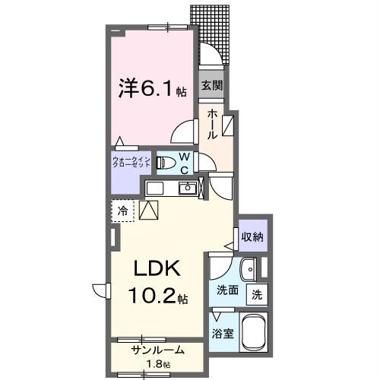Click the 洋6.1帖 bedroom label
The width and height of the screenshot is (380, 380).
click(x=152, y=90)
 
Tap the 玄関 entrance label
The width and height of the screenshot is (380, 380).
click(x=211, y=87)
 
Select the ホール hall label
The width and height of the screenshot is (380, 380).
click(x=212, y=123)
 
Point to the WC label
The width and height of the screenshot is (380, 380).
click(x=184, y=163)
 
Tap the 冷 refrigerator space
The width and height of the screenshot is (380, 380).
click(x=122, y=211)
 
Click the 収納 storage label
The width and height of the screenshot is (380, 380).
click(x=253, y=236)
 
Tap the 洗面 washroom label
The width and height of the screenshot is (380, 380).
click(x=227, y=290)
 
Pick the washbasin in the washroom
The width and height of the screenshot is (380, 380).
click(x=249, y=269)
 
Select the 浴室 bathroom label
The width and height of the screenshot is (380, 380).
click(x=223, y=333)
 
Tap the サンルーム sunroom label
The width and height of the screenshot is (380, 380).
click(x=157, y=351)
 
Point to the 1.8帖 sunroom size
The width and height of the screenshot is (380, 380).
click(x=157, y=364)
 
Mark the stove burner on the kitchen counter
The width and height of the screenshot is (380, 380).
click(x=154, y=188)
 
